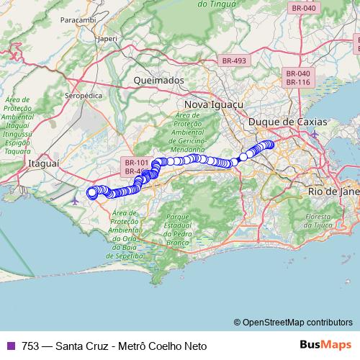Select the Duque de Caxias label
287,122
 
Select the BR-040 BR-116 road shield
298,78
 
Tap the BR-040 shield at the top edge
302,8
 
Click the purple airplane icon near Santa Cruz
76,199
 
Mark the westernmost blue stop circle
91,192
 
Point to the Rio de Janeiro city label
333,192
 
